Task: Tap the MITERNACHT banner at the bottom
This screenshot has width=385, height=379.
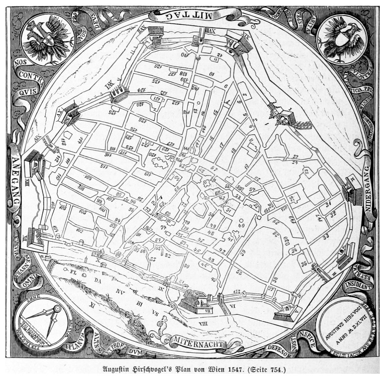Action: click(x=198, y=344)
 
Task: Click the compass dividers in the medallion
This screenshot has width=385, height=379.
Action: click(x=48, y=319)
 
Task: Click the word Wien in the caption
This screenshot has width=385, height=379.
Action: click(x=207, y=370)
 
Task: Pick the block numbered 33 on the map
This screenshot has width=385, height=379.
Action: click(x=325, y=236)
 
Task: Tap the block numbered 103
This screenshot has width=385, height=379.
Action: click(x=82, y=212)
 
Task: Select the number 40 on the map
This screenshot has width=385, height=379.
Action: click(x=241, y=225)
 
